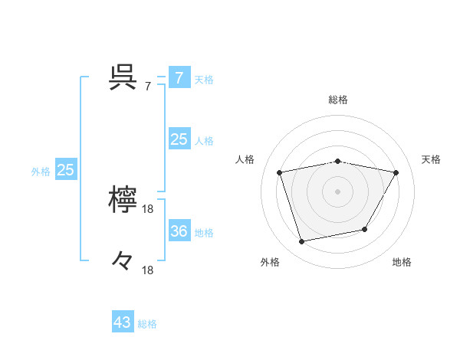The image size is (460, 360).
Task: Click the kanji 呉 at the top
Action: coord(123,77)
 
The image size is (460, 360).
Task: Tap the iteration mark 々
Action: coord(123,262)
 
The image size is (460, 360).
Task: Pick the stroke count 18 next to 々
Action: coord(148,270)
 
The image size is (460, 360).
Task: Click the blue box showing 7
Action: coord(179,77)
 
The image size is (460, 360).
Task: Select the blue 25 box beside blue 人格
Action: coord(179,139)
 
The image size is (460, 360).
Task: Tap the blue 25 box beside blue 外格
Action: coord(65,170)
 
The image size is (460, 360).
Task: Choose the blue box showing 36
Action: coord(179,231)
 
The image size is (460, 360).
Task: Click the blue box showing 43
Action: coord(123,322)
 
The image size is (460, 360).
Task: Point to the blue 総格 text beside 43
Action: coord(147,324)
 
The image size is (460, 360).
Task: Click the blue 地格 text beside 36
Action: coord(204,233)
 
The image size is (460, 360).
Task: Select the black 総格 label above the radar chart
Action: coord(338,100)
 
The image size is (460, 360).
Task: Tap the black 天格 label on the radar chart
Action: coord(431,159)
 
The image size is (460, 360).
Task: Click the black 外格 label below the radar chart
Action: coord(270,262)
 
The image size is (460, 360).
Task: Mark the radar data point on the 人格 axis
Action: coord(281,172)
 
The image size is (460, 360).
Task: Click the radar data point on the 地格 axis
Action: coord(365,229)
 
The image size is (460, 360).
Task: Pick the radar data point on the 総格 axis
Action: coord(338,161)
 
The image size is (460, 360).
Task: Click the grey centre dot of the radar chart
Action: coord(338,191)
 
